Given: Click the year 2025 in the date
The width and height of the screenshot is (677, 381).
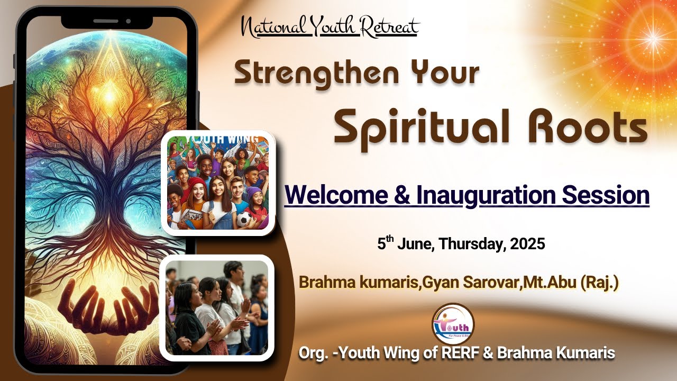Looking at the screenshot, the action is coord(528,244).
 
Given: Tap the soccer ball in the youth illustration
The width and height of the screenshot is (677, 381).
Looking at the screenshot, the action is coord(244,219).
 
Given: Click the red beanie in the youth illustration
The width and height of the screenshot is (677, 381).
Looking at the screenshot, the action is coord(197,183).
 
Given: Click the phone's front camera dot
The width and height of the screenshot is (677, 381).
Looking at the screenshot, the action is coord(128,21).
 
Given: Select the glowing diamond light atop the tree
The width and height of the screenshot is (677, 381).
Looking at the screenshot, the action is coord(109,96).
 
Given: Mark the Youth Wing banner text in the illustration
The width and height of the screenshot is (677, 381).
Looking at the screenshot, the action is coord(222,139).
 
